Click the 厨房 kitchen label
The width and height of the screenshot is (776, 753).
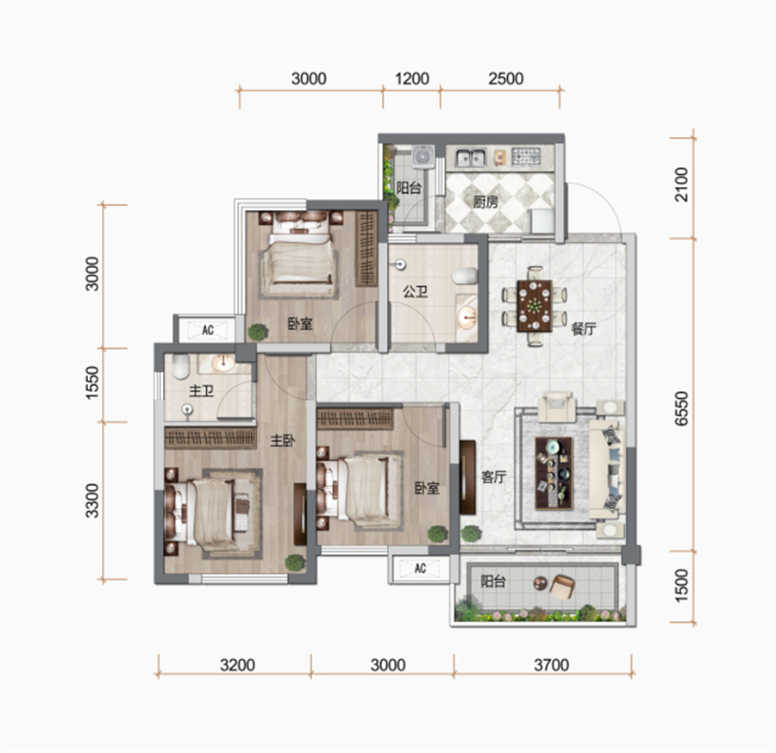tap(485, 202)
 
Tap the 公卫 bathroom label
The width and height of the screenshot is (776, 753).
tap(416, 291)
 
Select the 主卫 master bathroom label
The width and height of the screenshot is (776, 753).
tap(202, 391)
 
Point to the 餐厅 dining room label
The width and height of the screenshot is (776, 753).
tap(584, 328)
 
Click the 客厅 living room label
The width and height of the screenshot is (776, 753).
tap(494, 476)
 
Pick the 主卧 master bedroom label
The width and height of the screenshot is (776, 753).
tap(283, 440)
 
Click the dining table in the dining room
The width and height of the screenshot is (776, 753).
tap(535, 306)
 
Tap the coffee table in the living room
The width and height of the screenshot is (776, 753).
tap(554, 473)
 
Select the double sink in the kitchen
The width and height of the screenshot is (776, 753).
tap(471, 158)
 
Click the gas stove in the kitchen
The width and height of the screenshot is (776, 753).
tap(526, 157)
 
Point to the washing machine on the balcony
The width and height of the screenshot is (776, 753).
tap(423, 157)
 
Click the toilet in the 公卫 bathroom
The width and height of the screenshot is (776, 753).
tap(465, 276)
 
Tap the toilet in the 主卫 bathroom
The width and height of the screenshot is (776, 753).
tap(181, 366)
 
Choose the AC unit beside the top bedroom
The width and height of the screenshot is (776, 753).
tap(208, 330)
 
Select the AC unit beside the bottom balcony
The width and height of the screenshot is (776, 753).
tap(420, 568)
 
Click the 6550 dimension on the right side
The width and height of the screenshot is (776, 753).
tap(681, 408)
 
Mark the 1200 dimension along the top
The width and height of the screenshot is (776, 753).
tap(412, 78)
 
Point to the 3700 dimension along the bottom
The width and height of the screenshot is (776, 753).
tap(551, 665)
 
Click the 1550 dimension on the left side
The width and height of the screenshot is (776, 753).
tap(92, 383)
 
